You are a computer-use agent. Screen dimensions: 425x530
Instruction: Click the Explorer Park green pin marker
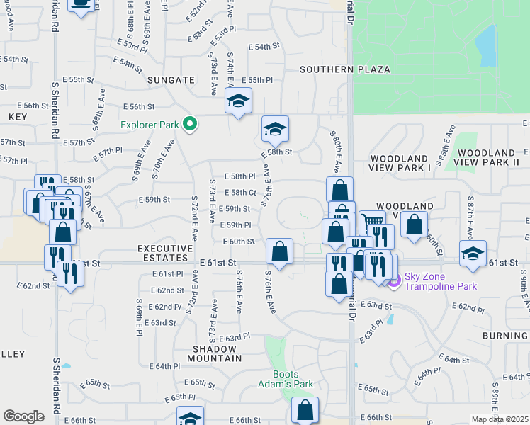(189, 125)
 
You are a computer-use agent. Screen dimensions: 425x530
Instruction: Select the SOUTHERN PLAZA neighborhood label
(344, 69)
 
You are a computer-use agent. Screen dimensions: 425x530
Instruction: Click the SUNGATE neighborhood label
(170, 80)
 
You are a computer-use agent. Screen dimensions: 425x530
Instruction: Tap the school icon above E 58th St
(275, 129)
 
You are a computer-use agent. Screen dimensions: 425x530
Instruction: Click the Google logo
(23, 416)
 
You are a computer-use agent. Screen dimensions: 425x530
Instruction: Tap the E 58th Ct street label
(239, 192)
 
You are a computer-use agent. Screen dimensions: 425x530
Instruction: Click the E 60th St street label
(238, 242)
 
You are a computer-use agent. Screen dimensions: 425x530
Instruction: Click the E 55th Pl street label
(256, 81)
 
